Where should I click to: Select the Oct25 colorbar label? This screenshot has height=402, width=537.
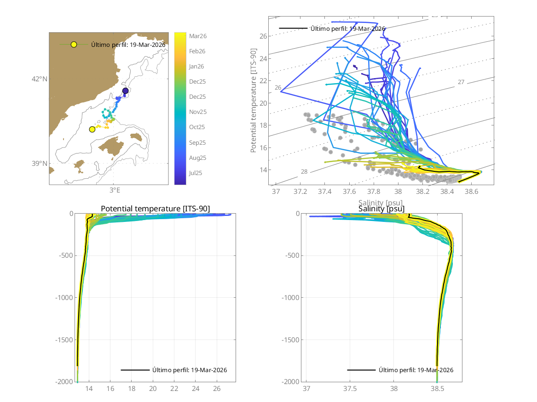[197, 127]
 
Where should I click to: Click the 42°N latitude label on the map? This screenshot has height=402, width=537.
[40, 79]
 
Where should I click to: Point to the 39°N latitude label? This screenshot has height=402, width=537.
[40, 164]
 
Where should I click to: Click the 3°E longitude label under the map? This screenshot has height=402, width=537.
[115, 190]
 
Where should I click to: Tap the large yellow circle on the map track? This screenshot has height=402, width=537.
[92, 129]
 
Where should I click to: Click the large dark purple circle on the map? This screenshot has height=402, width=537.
[125, 91]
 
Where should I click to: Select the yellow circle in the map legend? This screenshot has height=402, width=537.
[74, 45]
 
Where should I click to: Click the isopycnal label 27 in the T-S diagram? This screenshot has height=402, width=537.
[461, 82]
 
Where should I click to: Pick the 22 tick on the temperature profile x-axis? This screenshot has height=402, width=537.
[174, 388]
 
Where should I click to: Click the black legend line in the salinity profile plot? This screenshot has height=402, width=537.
[361, 370]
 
